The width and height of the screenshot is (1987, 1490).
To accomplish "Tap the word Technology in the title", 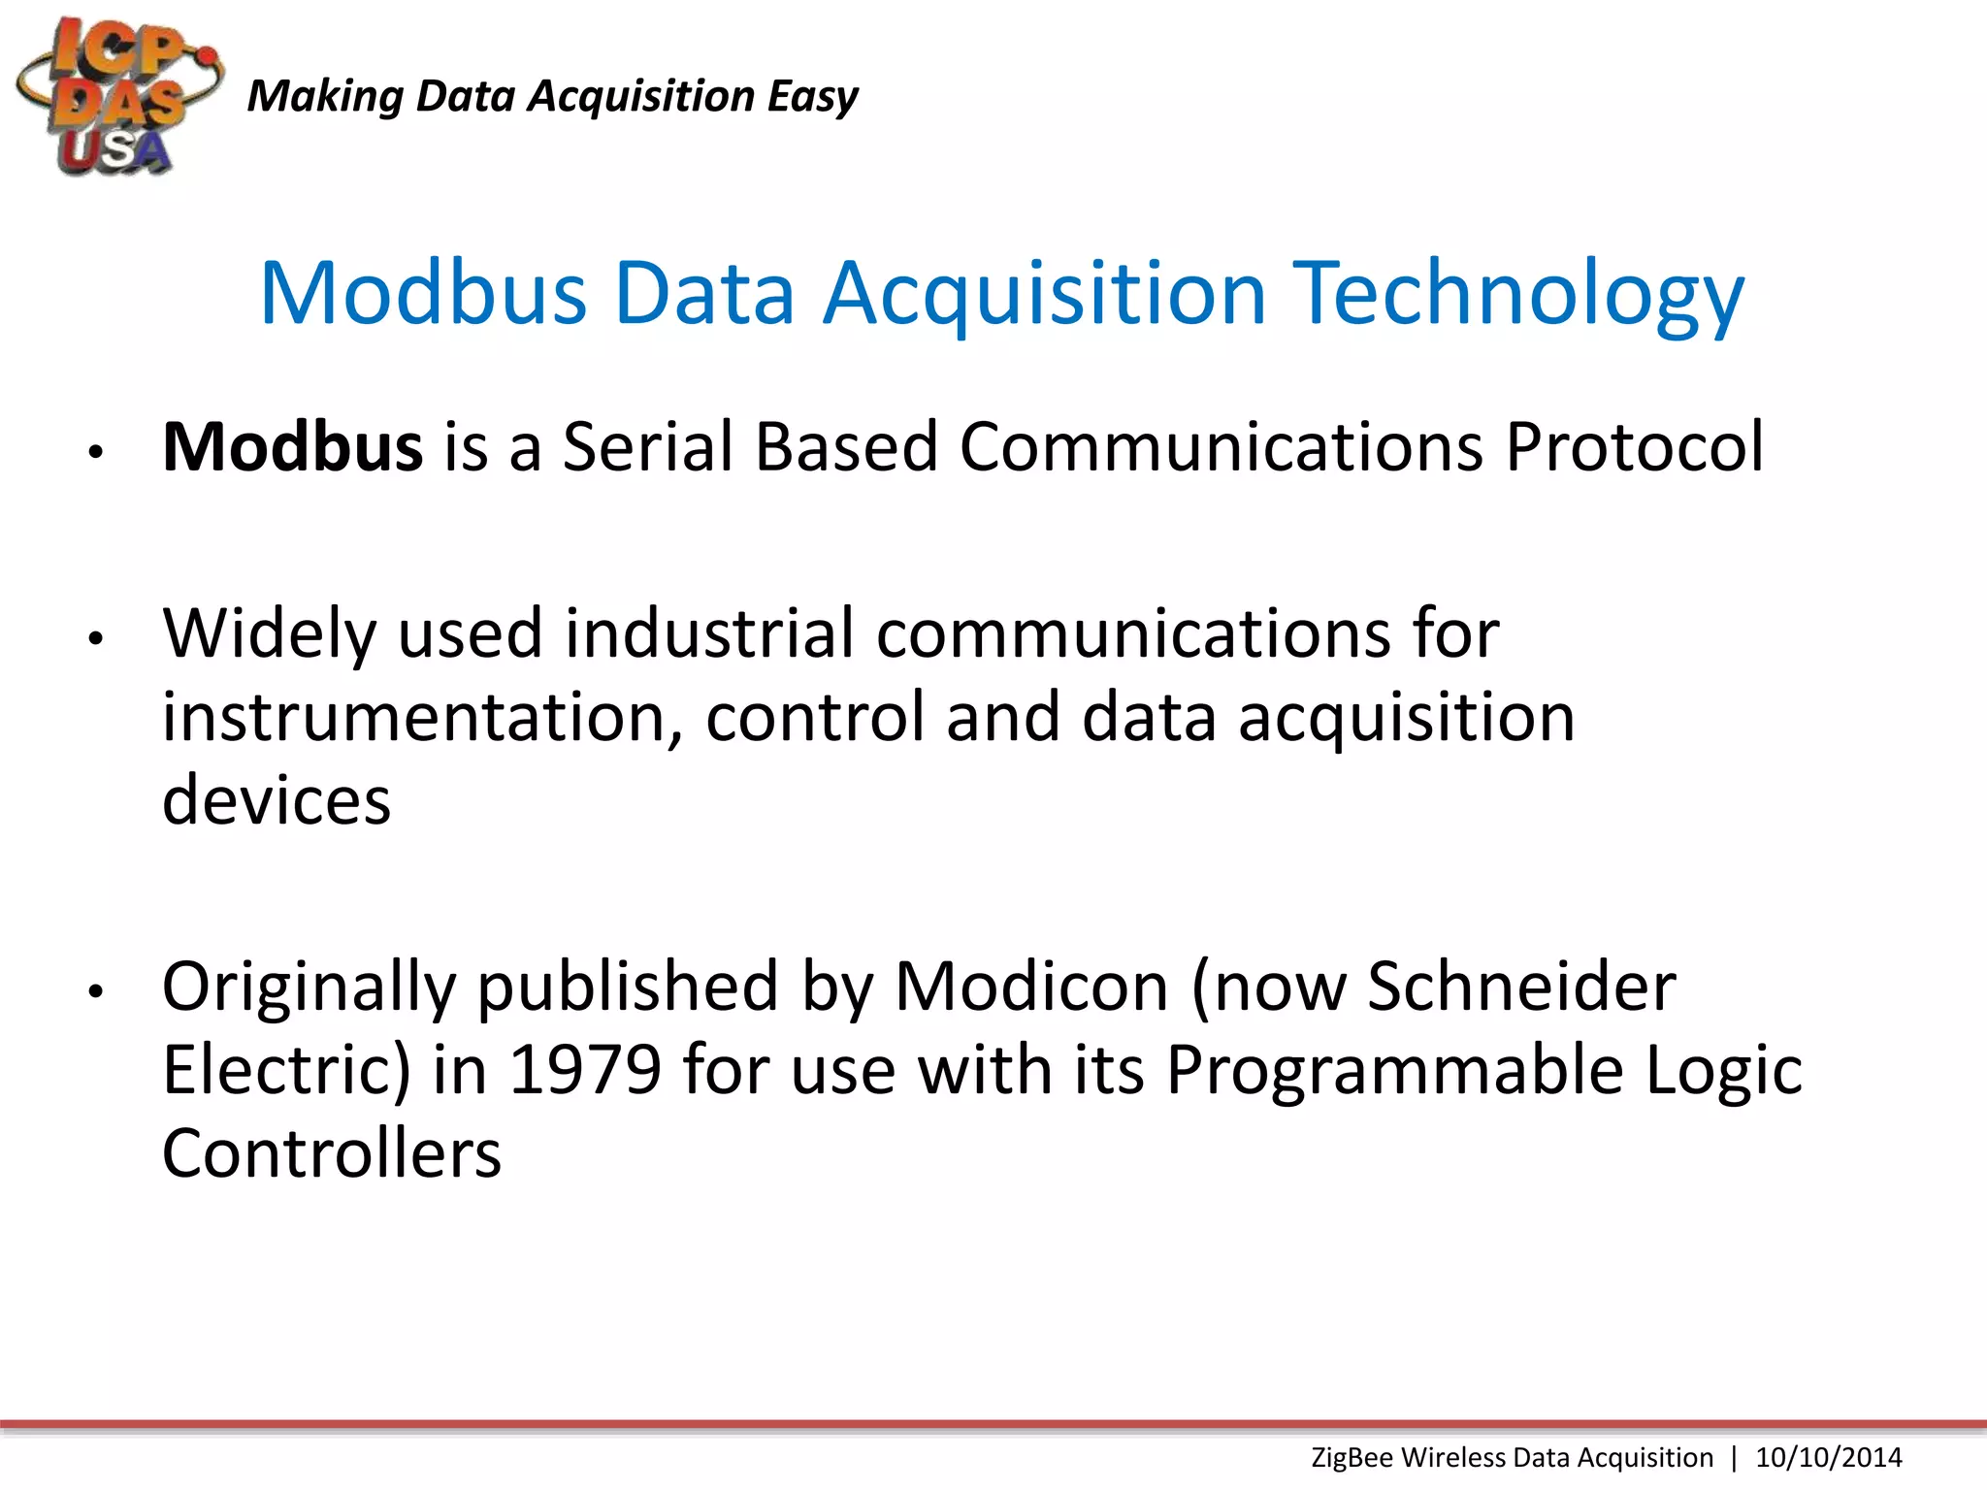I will click(1521, 293).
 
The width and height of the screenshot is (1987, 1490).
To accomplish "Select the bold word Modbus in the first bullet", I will click(292, 447).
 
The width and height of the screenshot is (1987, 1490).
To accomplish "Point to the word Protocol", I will click(1634, 447).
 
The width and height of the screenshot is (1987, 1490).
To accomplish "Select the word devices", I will click(277, 801).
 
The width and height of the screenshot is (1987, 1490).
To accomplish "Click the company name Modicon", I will click(1031, 988).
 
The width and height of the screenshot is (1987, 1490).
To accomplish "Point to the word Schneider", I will click(1521, 988).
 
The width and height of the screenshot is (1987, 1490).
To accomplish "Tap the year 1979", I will click(585, 1071).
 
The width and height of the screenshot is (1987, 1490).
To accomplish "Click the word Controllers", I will click(332, 1154).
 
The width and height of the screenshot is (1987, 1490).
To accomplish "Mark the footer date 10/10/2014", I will click(1829, 1458).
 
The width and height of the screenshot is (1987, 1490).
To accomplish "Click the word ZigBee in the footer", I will click(1352, 1458).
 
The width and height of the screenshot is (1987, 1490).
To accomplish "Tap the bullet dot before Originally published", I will click(95, 991).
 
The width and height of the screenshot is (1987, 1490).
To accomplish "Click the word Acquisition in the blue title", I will click(1045, 293).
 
